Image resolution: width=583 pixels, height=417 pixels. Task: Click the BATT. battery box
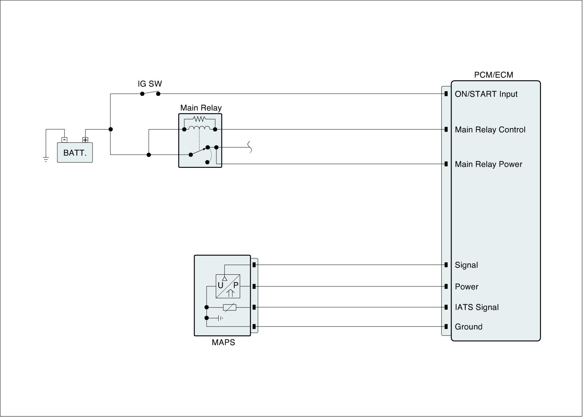(x=75, y=152)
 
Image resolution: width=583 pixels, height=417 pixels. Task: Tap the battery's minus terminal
(x=64, y=140)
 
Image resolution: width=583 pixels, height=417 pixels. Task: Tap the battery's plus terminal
(x=85, y=140)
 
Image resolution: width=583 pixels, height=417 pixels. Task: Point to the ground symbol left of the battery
(x=46, y=159)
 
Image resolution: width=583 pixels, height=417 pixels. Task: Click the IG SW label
(x=150, y=84)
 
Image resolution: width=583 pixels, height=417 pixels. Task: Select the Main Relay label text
(x=201, y=108)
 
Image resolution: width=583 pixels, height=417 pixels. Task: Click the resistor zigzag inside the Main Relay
(x=199, y=119)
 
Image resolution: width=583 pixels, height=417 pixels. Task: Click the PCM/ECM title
(x=493, y=75)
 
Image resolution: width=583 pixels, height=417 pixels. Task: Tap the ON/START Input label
(x=486, y=94)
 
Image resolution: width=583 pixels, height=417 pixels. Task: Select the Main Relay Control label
(x=490, y=130)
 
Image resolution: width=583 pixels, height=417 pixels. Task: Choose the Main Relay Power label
(x=488, y=164)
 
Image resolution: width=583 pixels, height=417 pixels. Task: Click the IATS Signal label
(x=477, y=307)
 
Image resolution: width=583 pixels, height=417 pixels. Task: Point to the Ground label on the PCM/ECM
(x=469, y=327)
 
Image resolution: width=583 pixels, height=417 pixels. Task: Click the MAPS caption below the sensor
(x=223, y=343)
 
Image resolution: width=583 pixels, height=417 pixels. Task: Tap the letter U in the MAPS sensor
(x=220, y=285)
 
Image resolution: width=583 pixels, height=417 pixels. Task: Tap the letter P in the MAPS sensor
(x=236, y=285)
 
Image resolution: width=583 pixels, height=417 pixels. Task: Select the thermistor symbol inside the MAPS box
(x=229, y=308)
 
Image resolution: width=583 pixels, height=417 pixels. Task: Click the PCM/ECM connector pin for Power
(x=446, y=286)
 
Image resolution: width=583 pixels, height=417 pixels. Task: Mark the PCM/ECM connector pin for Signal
(x=446, y=265)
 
